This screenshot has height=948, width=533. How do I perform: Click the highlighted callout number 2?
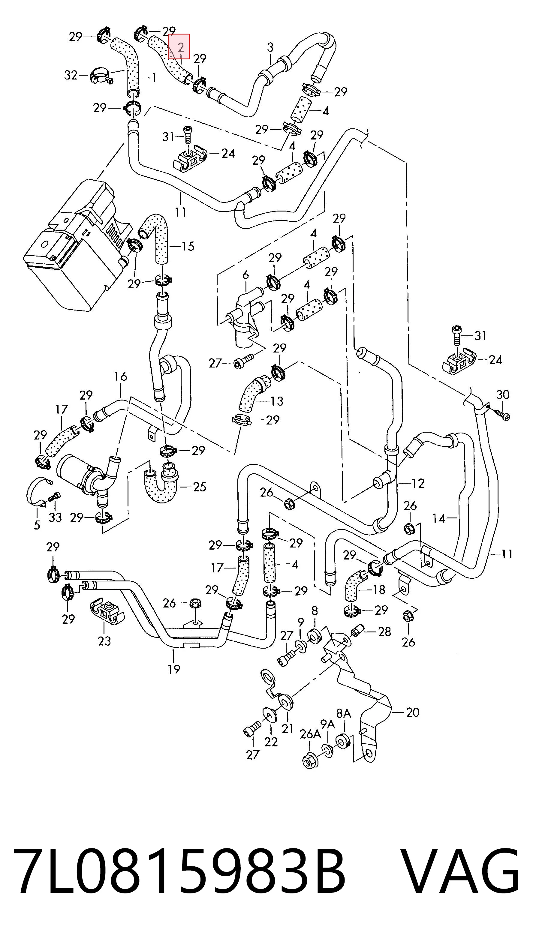coord(180,47)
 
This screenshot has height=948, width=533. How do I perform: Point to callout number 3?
coord(270,47)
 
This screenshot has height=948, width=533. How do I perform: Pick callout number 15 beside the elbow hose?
coord(188,246)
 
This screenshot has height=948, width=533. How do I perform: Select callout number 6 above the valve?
coord(245,274)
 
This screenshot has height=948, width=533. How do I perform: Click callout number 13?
coord(276,401)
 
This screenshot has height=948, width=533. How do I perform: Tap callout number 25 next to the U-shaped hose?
coord(200,487)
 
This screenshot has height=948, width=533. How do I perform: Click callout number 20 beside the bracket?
coord(413,712)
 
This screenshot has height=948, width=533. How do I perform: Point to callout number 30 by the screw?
coord(502,394)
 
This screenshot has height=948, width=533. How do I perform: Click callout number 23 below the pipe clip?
coord(104,641)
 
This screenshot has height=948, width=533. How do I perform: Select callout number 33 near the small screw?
coord(55,517)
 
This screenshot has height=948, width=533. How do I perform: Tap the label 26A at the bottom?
coord(310,734)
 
